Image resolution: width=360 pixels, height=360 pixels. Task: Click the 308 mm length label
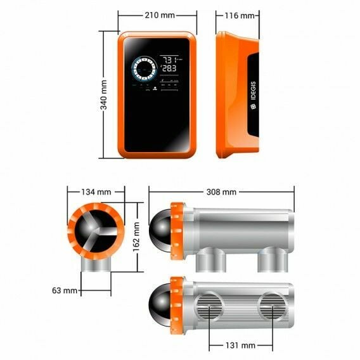221,191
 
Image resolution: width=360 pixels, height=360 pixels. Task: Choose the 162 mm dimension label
136,236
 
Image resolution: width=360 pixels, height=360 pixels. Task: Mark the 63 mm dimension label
66,291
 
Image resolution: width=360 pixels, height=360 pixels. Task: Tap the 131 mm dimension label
241,345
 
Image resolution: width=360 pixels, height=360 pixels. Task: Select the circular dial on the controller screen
144,68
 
